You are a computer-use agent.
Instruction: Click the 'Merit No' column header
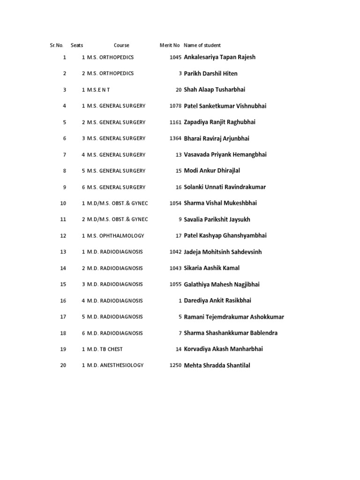coord(170,45)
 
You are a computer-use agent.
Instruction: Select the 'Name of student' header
coord(202,45)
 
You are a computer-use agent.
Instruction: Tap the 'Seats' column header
coord(77,45)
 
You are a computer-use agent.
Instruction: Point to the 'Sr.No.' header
coord(56,45)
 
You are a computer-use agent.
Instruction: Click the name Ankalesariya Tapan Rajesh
coord(220,57)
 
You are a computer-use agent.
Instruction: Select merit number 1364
coord(175,138)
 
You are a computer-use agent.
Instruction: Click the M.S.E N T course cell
coord(98,90)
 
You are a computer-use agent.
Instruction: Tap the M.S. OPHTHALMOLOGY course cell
coord(116,236)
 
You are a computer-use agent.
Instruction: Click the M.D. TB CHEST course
coord(105,349)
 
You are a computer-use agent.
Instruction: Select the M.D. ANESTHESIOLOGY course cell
coord(115,365)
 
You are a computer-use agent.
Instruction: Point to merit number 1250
coord(175,366)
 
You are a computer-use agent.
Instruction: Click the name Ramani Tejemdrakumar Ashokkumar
coord(234,317)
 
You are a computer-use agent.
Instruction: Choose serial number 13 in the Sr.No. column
coord(63,252)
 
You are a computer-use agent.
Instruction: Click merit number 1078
coord(175,106)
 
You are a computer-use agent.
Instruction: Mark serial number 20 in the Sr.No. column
coord(63,365)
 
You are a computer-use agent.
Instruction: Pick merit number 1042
coord(175,252)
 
